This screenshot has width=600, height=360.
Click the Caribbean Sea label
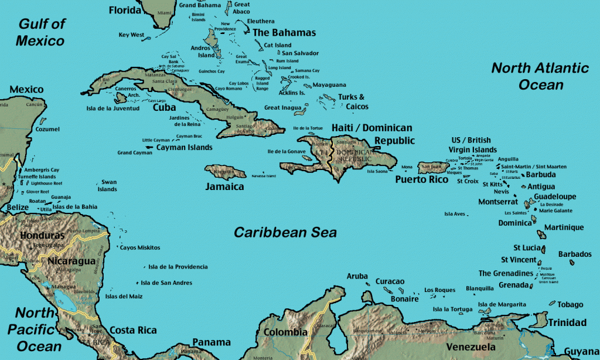click(285, 233)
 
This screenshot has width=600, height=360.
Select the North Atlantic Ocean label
click(540, 76)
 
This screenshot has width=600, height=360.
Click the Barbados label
click(575, 254)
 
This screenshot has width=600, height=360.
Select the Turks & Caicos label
click(353, 101)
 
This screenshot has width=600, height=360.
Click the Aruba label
click(357, 276)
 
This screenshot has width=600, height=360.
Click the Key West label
click(131, 35)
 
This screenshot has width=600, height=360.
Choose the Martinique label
click(564, 227)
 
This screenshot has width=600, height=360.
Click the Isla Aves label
click(455, 214)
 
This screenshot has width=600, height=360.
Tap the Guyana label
click(581, 351)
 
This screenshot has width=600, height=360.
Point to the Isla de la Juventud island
click(121, 98)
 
